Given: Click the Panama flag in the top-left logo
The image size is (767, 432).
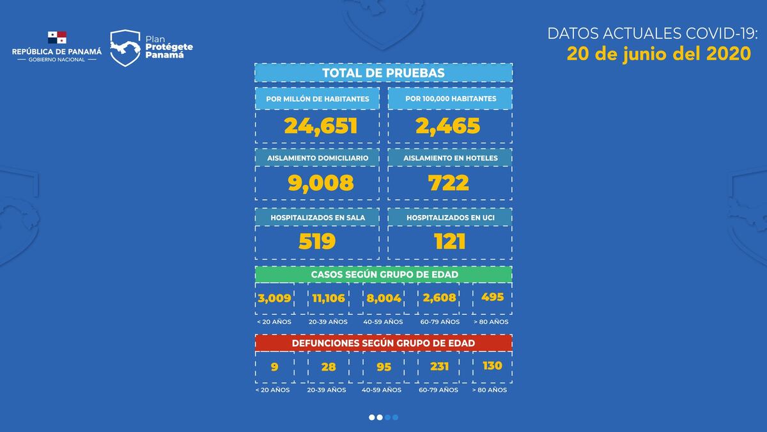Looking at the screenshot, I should [x=57, y=38].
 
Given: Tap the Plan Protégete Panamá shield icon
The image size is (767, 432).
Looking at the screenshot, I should [x=125, y=48].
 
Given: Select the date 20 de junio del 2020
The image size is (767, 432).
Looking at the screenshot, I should [x=658, y=54].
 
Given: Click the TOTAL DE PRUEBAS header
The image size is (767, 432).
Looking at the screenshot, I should [x=383, y=73].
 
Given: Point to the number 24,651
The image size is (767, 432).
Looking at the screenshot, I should [x=320, y=126].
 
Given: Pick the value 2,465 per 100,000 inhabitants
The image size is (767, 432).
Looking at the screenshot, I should [x=447, y=126].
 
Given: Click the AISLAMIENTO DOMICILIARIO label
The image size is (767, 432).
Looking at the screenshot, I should [x=317, y=157].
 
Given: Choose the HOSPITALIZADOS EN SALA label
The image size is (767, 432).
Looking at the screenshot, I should [x=317, y=218].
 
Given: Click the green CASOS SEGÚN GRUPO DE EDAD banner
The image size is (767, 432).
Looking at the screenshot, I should [x=383, y=274].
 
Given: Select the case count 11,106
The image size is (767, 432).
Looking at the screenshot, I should [x=329, y=298].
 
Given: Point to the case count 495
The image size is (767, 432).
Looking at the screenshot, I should [x=493, y=297].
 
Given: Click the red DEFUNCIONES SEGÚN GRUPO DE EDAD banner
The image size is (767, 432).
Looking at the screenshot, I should [x=383, y=343].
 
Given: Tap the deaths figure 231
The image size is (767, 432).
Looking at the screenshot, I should [x=439, y=367].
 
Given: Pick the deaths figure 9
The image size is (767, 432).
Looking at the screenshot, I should [x=274, y=367].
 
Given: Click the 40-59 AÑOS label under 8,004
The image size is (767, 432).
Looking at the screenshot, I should [x=383, y=322].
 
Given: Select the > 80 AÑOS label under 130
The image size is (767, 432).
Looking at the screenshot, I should [x=490, y=390].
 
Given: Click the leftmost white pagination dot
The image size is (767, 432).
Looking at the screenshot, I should [x=372, y=417].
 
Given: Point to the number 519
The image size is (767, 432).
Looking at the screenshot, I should [x=317, y=241].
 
